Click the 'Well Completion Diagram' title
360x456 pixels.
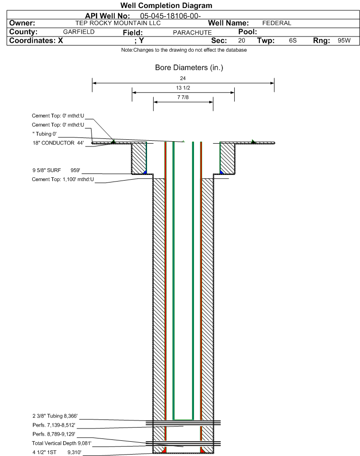point(166,6)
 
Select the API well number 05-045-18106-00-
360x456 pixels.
point(170,16)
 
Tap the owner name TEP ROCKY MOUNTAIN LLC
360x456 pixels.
point(118,23)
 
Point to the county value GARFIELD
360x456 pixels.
point(79,32)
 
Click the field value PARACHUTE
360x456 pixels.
point(192,33)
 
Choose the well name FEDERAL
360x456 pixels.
point(277,23)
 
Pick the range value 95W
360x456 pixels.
point(344,40)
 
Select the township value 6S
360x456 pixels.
point(293,40)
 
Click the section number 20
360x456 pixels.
point(241,40)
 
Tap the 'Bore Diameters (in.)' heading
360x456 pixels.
point(189,67)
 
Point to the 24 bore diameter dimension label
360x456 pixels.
point(183,78)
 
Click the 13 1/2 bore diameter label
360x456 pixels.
point(183,88)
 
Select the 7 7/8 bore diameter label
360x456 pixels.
point(183,97)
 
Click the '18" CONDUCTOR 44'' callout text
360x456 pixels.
point(58,143)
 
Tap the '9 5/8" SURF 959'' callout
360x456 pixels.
point(56,170)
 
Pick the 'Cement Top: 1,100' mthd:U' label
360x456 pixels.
point(63,179)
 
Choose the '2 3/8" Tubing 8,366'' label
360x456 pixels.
point(55,416)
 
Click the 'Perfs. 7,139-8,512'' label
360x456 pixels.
point(54,425)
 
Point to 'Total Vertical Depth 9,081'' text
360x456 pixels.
point(62,443)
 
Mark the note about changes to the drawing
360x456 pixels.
point(184,50)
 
